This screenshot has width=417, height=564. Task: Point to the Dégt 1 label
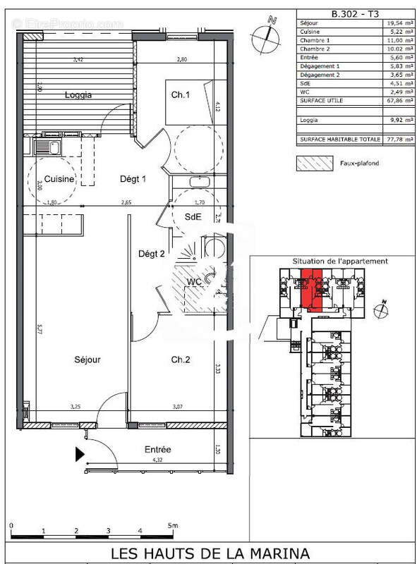click(132, 179)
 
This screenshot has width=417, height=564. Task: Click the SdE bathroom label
click(193, 217)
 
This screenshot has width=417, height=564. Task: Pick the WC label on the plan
click(195, 283)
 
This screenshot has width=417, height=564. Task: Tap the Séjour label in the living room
click(87, 360)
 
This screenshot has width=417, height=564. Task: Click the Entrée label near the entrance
click(158, 450)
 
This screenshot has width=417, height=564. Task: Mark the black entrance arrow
click(80, 455)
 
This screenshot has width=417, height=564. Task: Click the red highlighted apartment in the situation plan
click(311, 289)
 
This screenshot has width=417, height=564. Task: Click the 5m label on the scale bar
click(174, 525)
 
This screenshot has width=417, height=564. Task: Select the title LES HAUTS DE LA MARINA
click(209, 553)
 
